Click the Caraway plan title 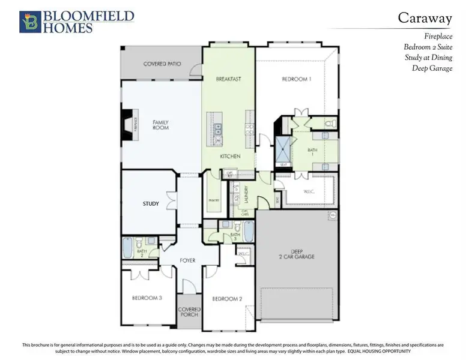tap(425, 18)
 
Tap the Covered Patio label tap(162, 64)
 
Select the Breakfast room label tap(228, 79)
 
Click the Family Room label tap(160, 125)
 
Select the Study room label tap(151, 204)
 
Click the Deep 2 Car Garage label tap(294, 254)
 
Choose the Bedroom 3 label tap(147, 298)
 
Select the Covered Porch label tap(189, 312)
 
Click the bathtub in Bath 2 tap(128, 247)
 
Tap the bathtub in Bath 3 tap(249, 230)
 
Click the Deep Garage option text tap(432, 68)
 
